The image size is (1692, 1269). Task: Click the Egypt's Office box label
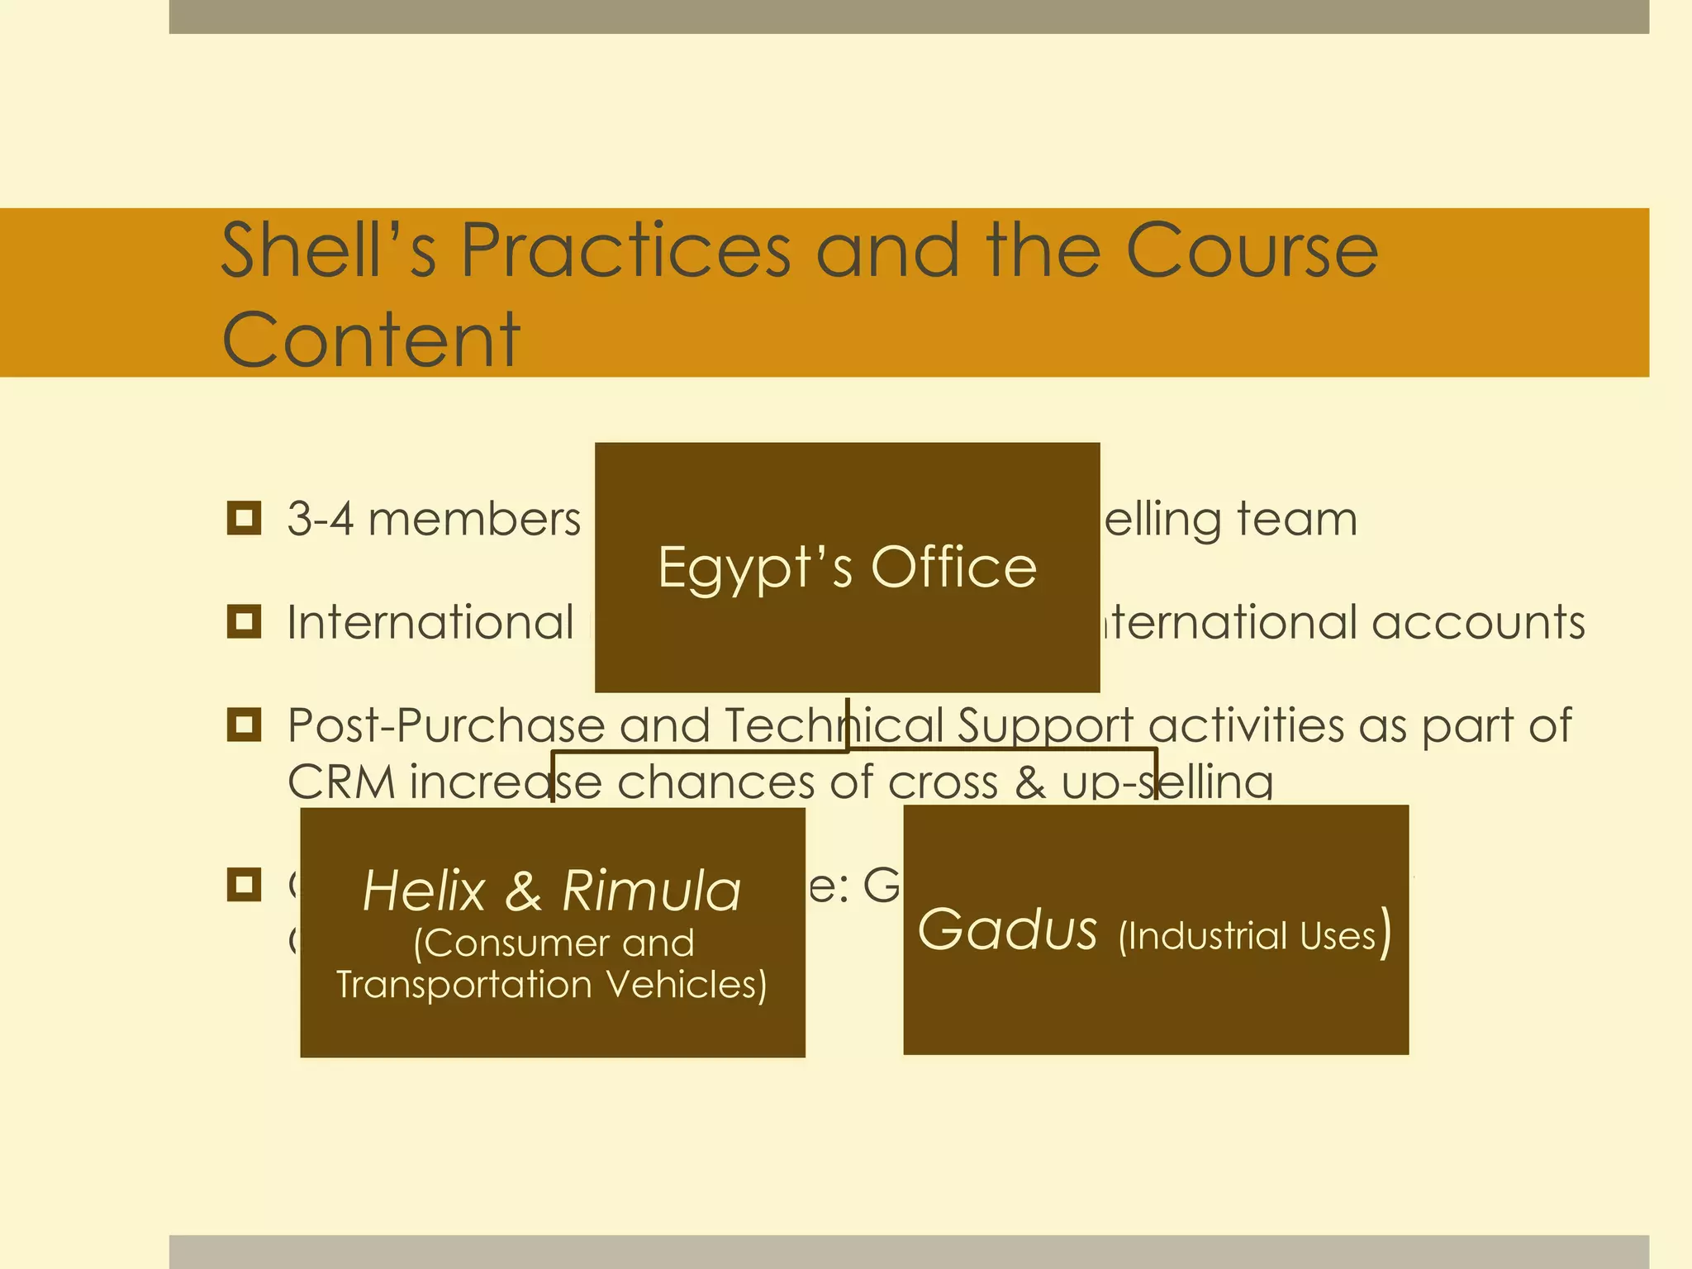tap(847, 568)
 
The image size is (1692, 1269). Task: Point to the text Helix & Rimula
tap(552, 891)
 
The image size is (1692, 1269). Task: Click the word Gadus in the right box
tap(1007, 929)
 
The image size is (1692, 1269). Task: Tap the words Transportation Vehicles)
tap(552, 985)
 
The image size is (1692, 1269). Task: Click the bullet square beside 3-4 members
tap(244, 518)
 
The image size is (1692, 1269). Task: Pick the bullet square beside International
tap(244, 621)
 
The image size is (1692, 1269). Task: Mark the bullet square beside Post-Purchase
tap(244, 725)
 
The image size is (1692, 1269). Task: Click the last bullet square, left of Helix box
tap(244, 885)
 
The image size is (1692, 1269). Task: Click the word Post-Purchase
tap(446, 726)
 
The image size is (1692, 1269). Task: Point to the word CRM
tap(341, 782)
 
